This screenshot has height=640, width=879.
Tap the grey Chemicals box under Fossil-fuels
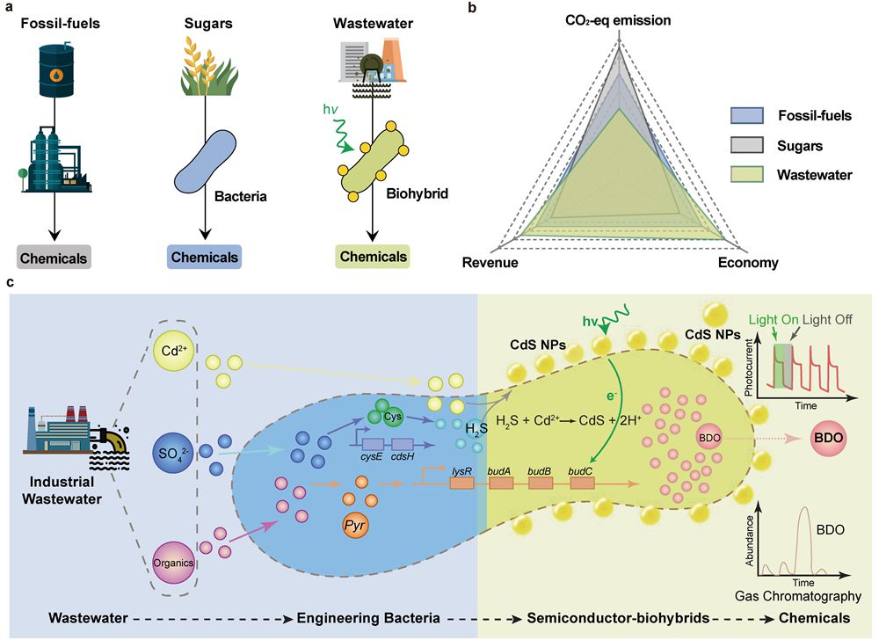point(54,258)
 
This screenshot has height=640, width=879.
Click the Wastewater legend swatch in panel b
point(745,174)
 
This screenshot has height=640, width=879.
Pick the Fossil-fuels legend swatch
point(745,115)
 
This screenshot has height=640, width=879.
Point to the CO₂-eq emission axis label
point(620,19)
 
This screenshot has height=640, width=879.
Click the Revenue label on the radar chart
point(490,263)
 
